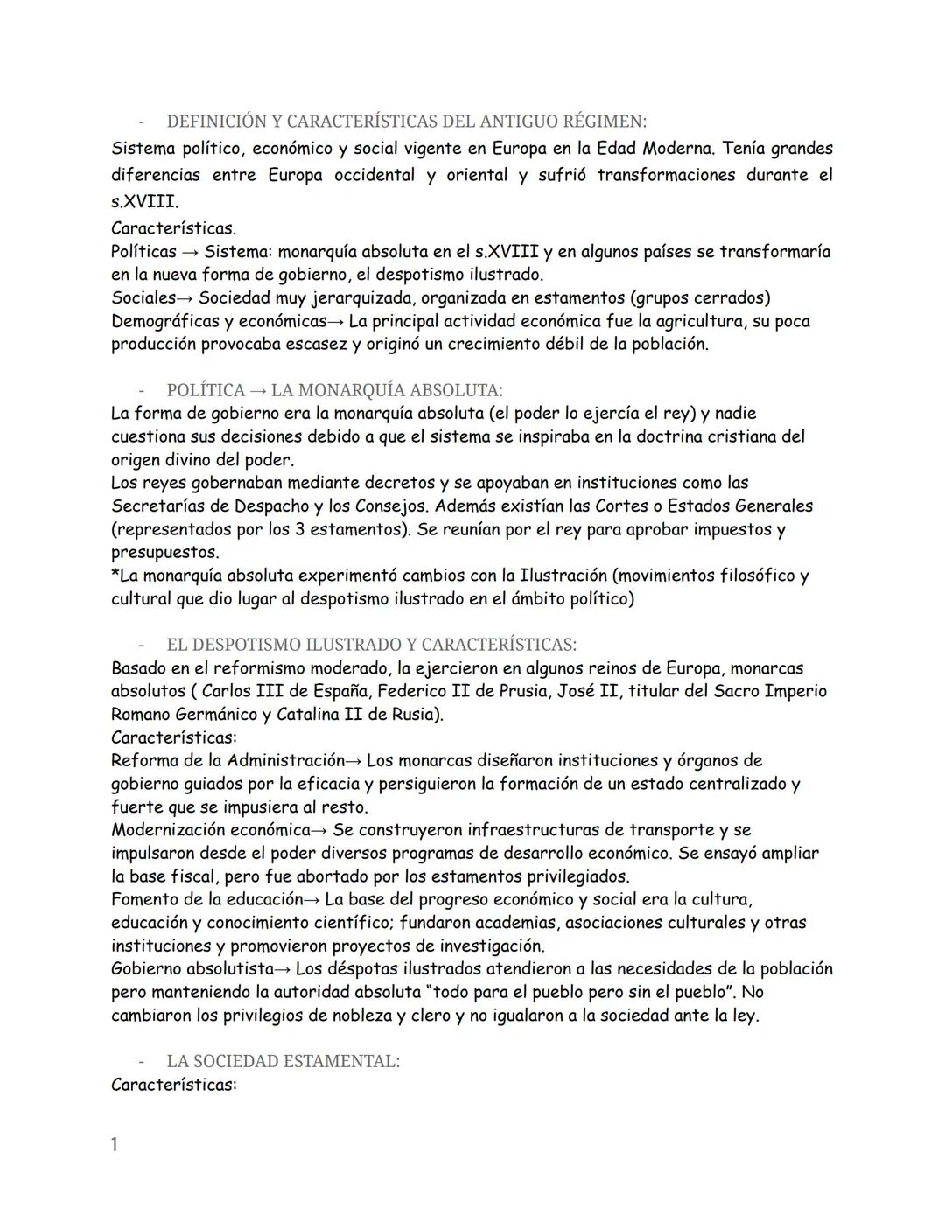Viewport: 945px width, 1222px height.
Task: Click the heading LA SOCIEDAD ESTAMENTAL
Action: (x=283, y=1061)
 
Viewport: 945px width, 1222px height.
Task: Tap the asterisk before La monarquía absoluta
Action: (x=115, y=575)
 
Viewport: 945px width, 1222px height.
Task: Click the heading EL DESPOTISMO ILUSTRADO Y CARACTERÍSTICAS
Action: (x=371, y=645)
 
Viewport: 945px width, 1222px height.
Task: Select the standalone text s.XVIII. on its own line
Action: (x=144, y=201)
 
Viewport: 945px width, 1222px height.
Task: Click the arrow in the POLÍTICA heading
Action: (x=258, y=390)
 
